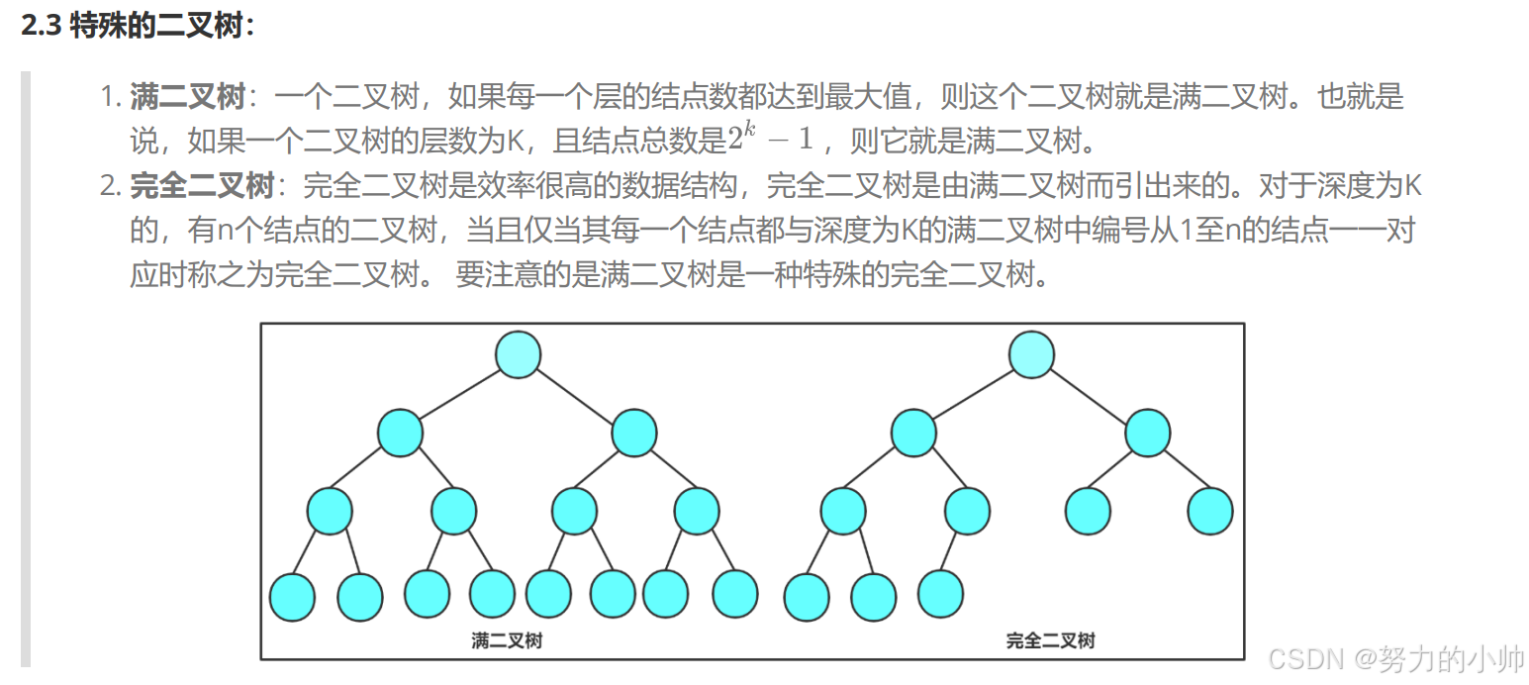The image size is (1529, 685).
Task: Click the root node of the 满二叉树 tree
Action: point(518,354)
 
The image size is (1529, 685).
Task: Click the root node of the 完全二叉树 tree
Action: point(1031,354)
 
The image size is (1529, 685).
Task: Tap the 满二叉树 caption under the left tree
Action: point(507,640)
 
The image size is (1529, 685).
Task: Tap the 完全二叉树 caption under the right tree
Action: point(1050,640)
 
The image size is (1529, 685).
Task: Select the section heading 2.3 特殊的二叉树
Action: point(138,26)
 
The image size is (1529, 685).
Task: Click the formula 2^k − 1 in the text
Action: point(770,140)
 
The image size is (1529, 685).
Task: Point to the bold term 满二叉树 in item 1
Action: point(187,97)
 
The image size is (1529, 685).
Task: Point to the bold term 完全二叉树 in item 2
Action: point(202,185)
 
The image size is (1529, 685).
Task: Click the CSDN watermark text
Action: point(1395,658)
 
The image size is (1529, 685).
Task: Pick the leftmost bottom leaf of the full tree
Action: point(292,597)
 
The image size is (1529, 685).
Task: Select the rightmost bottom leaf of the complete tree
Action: point(940,593)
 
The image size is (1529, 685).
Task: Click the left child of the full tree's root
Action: point(400,434)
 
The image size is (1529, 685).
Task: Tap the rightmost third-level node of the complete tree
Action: point(1209,512)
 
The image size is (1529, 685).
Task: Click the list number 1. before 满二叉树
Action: point(110,97)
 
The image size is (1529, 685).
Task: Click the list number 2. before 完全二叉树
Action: point(110,185)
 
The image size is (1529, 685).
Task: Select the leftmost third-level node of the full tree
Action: point(330,512)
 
